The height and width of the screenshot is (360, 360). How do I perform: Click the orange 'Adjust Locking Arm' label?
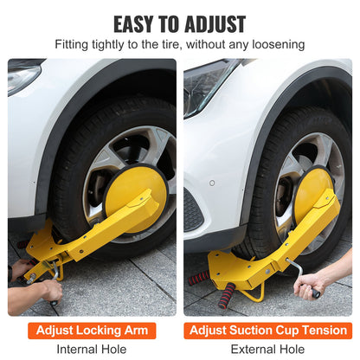[92, 330]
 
